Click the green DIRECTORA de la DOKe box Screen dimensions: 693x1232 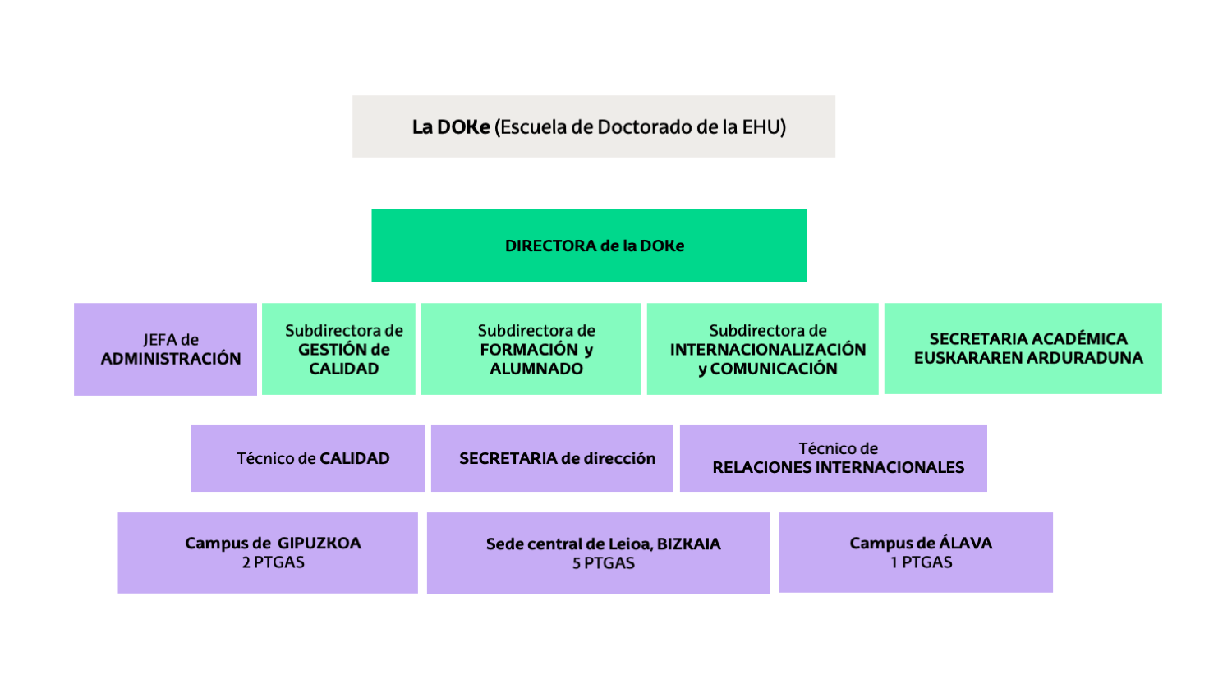click(588, 246)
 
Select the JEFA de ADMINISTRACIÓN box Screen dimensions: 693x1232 click(165, 349)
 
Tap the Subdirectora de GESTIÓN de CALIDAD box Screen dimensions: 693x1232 click(338, 349)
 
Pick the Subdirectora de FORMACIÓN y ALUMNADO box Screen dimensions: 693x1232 click(531, 349)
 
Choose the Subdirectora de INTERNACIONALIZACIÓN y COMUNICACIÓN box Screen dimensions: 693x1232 click(762, 349)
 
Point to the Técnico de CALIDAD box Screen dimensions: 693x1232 click(308, 458)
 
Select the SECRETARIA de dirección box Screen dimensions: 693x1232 click(552, 458)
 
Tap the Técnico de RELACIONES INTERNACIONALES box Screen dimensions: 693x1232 click(833, 458)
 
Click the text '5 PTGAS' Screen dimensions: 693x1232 click(604, 563)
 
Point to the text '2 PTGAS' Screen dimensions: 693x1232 click(274, 562)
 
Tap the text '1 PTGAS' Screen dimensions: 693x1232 click(922, 562)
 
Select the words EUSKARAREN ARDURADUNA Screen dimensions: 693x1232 click(1028, 358)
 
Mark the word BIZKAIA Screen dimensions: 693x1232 click(689, 544)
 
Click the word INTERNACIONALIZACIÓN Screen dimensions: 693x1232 click(768, 350)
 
